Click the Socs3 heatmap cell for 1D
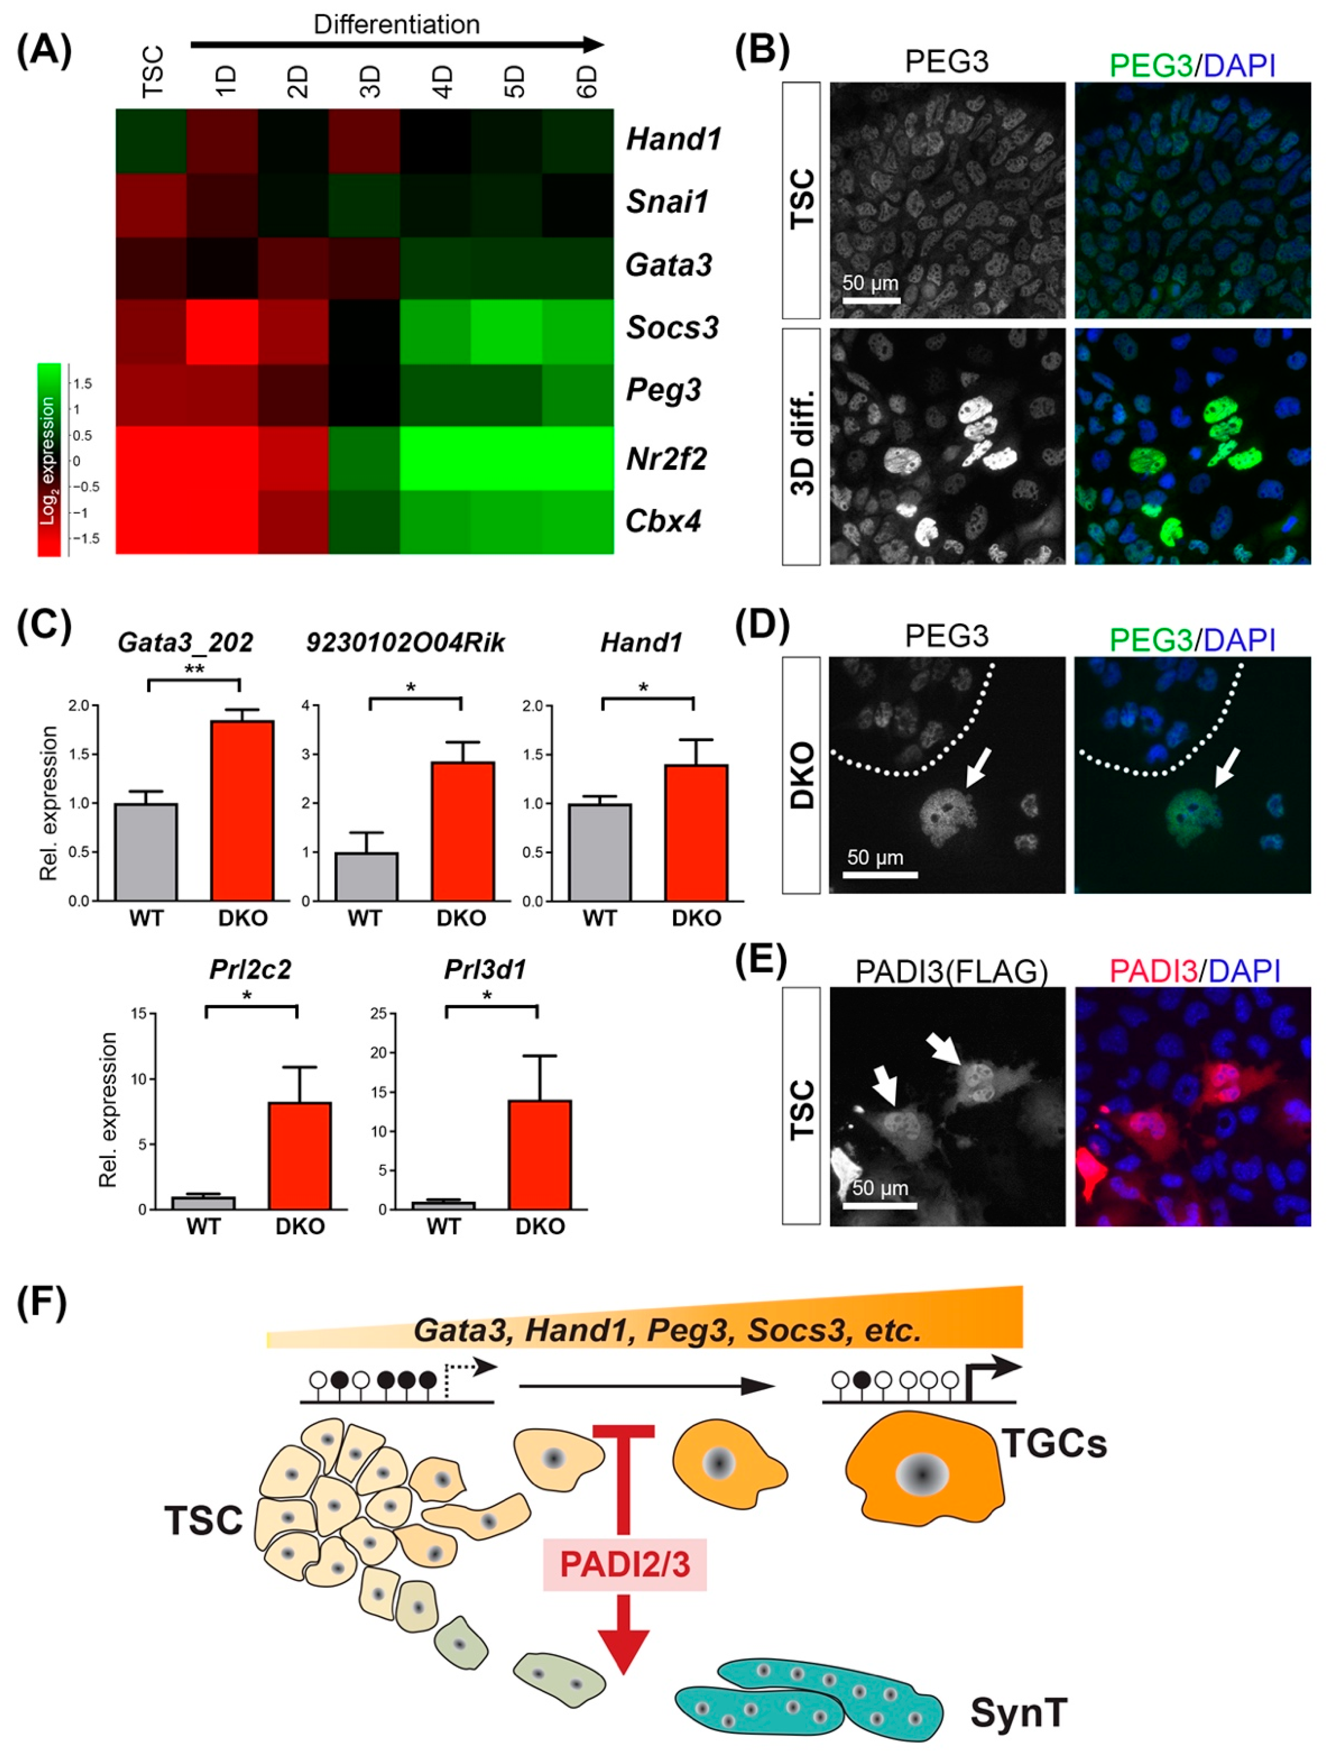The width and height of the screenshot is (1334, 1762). click(x=222, y=331)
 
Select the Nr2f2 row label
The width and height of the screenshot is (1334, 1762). click(x=666, y=459)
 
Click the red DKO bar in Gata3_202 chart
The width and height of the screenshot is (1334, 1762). click(x=242, y=810)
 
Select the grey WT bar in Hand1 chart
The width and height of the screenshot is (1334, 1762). click(x=599, y=852)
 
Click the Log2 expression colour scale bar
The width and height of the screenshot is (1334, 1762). click(x=48, y=460)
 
